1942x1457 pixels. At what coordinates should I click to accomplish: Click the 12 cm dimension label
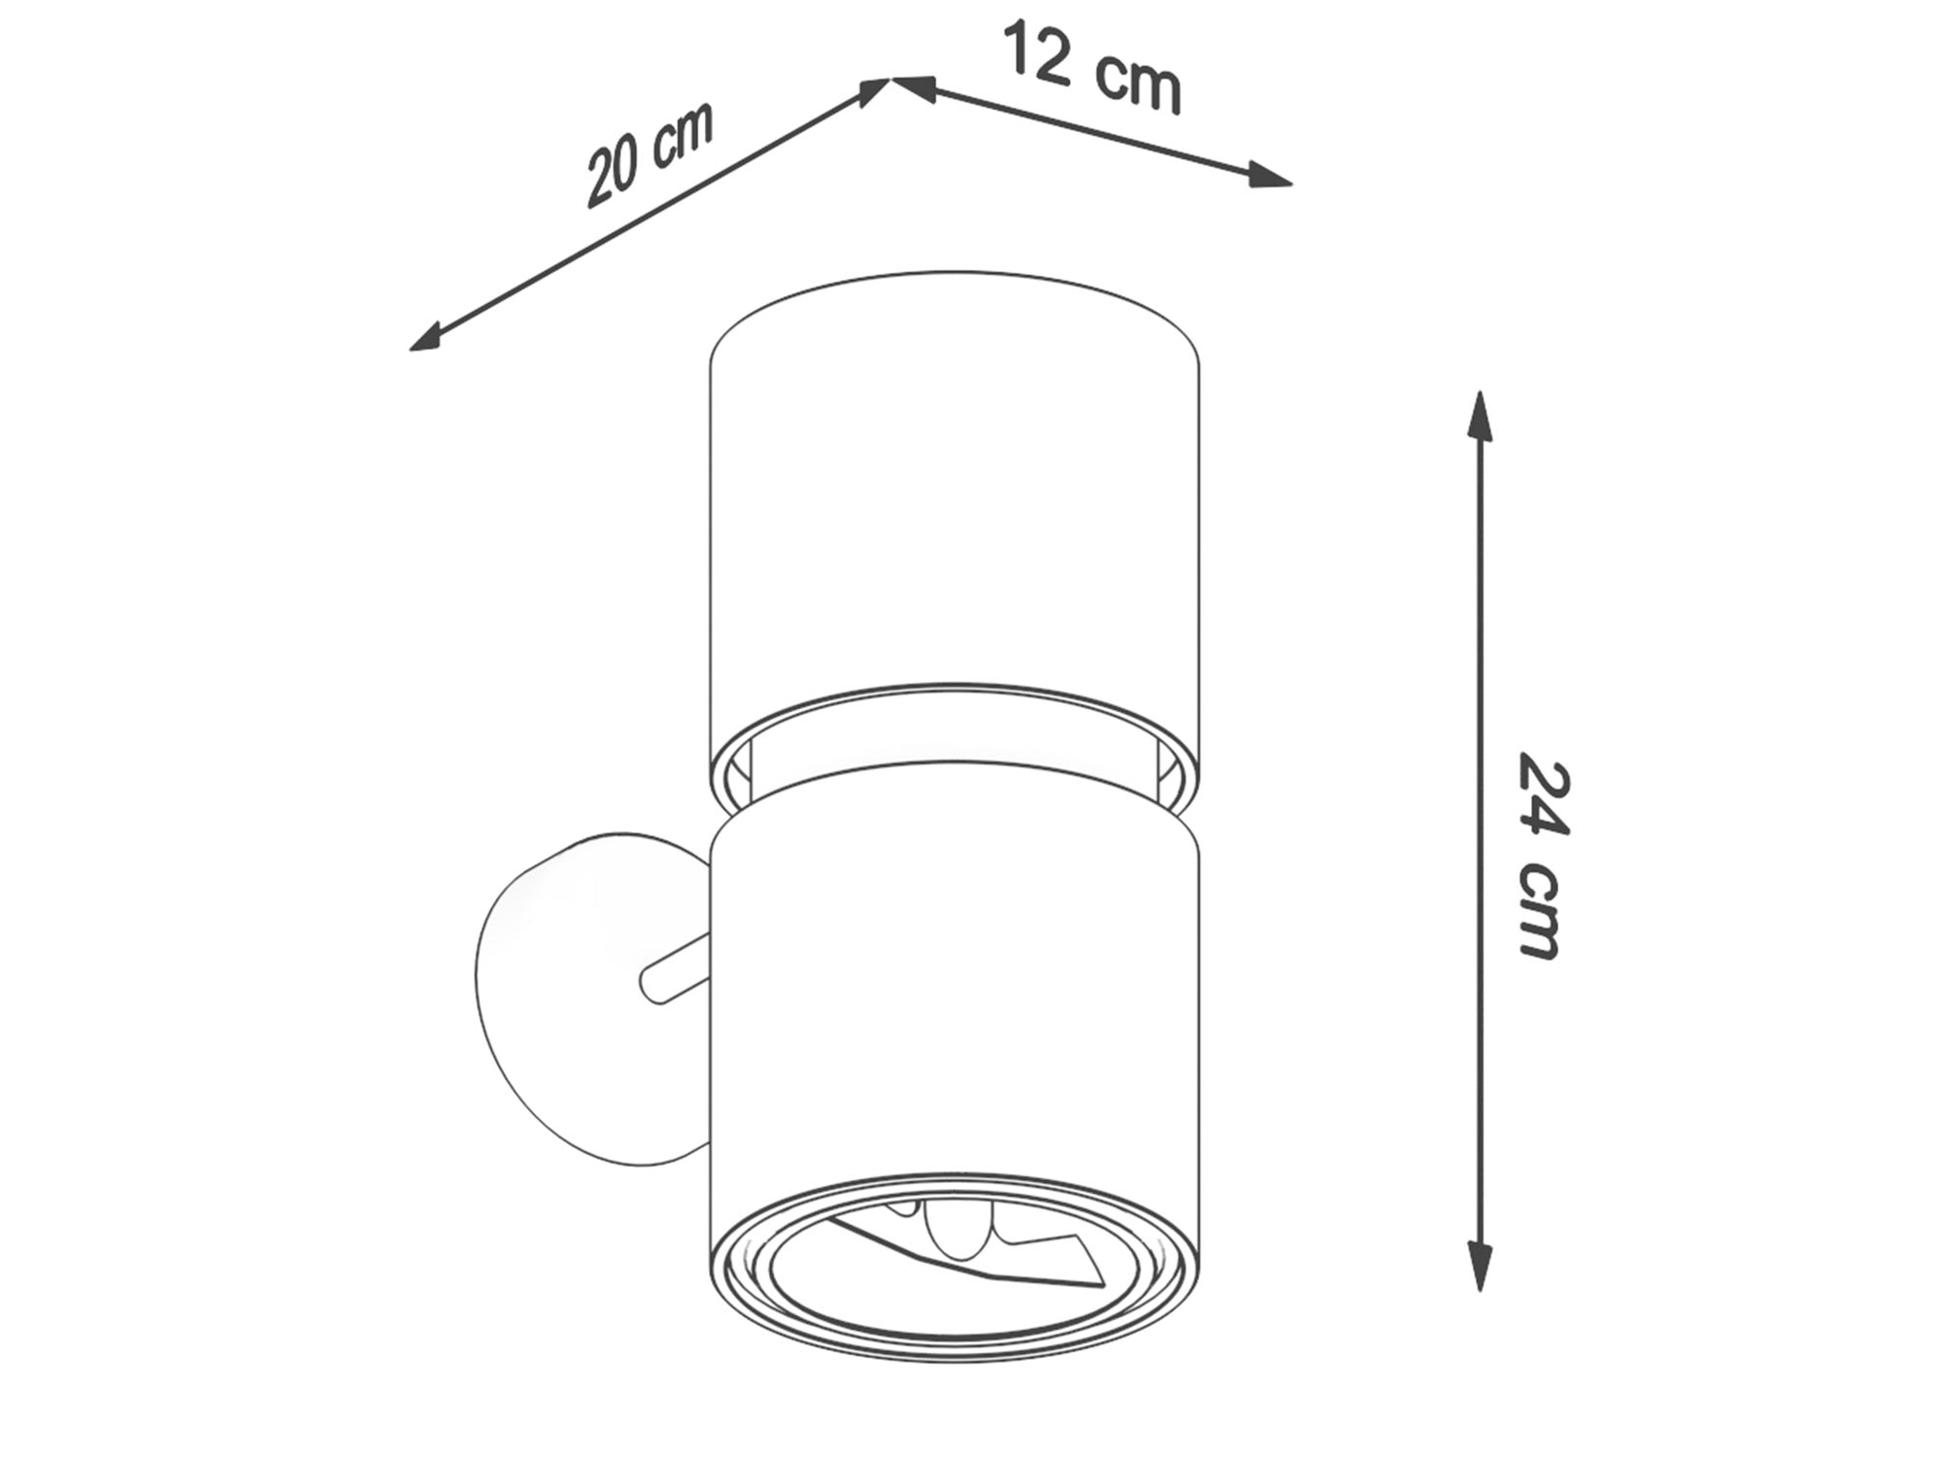coord(1093,66)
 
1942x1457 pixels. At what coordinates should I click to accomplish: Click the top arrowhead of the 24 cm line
coord(1480,416)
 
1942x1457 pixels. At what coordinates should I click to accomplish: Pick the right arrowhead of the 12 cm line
coord(1268,176)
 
